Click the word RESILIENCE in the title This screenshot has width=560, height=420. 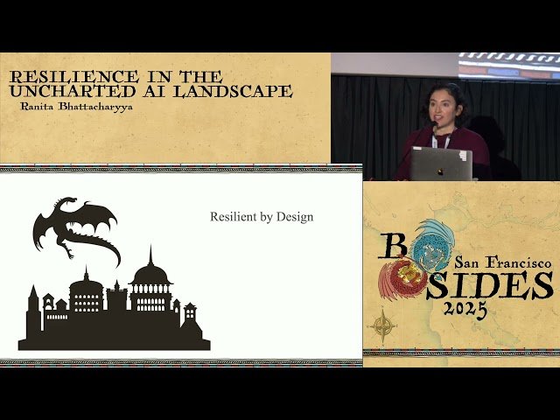click(x=52, y=78)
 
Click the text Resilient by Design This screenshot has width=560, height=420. click(x=261, y=216)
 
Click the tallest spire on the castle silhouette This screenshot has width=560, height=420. click(x=150, y=259)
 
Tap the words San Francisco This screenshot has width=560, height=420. click(x=502, y=262)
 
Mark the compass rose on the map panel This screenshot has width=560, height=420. click(x=381, y=325)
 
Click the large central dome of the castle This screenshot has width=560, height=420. click(x=150, y=276)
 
